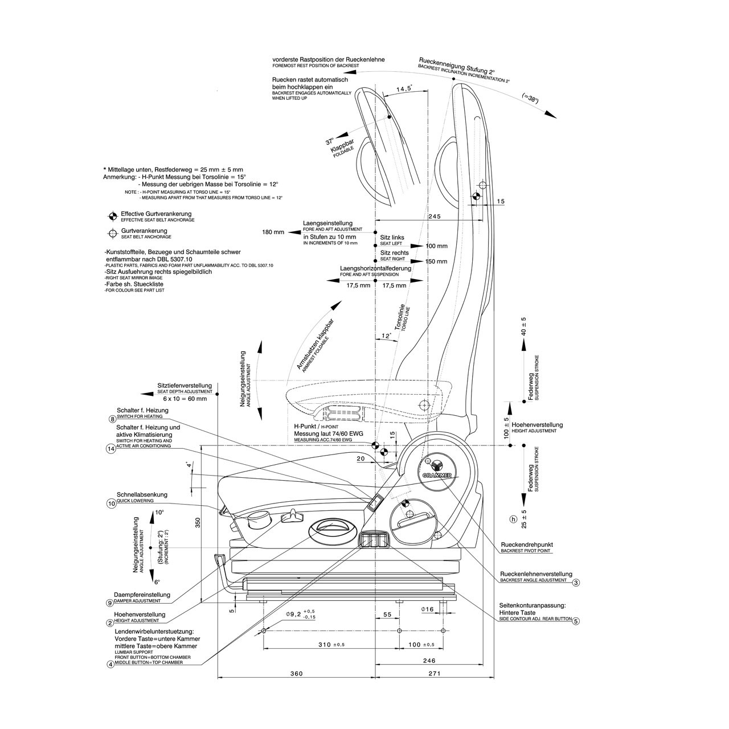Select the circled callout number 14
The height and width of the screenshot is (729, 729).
111,449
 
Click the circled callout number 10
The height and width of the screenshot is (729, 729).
111,503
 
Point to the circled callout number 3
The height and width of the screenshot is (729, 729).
576,583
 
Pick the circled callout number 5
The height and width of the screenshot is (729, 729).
576,621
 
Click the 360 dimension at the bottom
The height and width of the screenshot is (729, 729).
297,674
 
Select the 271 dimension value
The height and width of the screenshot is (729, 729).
435,674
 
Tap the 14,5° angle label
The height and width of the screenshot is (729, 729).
404,89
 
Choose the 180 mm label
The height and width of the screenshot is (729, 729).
273,232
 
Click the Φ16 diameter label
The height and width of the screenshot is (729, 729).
428,610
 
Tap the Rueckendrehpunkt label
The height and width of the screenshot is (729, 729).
526,544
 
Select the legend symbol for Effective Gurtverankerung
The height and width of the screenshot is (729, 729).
113,216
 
